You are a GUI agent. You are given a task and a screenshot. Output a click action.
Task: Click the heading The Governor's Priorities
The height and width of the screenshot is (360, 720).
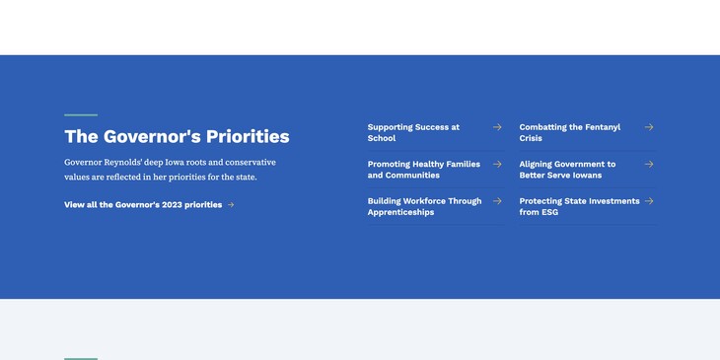click(177, 136)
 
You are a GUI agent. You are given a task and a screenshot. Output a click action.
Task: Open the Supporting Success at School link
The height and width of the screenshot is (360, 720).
click(413, 132)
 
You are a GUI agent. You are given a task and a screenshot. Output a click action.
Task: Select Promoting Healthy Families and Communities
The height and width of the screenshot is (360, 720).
click(424, 170)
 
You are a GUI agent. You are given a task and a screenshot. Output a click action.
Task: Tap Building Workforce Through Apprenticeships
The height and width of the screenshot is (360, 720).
click(424, 206)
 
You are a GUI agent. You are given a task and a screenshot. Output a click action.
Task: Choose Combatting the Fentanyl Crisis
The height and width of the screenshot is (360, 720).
click(569, 132)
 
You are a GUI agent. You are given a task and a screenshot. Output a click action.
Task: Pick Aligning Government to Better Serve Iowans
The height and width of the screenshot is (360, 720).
click(567, 170)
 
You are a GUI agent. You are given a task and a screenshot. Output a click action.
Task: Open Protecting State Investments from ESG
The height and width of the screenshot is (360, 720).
click(579, 206)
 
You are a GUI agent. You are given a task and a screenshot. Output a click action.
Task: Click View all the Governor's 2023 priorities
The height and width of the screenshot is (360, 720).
click(143, 205)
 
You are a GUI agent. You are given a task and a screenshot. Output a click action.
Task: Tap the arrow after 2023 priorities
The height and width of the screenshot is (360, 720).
click(231, 205)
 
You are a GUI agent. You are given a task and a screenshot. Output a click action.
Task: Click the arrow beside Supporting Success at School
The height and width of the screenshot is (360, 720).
click(497, 127)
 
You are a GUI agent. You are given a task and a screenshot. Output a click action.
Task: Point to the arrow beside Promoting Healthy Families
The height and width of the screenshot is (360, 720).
click(497, 164)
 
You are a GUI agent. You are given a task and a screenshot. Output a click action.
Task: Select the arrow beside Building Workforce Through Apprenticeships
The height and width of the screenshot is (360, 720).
click(497, 201)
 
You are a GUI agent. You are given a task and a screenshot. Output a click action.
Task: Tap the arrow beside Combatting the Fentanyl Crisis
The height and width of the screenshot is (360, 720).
click(649, 127)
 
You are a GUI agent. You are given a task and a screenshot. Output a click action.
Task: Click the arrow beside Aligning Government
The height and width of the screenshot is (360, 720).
click(649, 164)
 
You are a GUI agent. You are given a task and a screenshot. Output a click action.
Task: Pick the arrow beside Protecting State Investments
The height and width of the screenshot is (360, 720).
click(649, 201)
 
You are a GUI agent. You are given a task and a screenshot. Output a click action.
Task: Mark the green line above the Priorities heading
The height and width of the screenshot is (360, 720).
click(81, 115)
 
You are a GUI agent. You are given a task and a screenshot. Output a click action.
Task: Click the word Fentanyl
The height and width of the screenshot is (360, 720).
click(603, 127)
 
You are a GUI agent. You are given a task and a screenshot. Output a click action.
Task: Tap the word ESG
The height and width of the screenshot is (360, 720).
click(549, 212)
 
